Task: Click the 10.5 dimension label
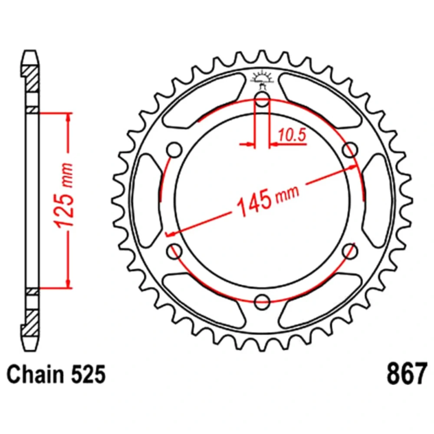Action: click(x=292, y=135)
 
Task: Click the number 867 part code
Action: click(x=406, y=374)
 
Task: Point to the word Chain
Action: click(x=35, y=374)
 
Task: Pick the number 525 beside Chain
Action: click(x=89, y=374)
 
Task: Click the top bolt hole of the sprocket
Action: click(x=262, y=99)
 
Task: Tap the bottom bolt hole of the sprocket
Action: click(x=262, y=302)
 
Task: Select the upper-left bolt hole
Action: click(x=174, y=150)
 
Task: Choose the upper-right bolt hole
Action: click(x=350, y=150)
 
